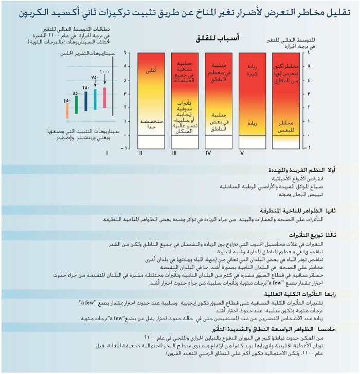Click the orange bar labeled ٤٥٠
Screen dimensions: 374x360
pos(67,110)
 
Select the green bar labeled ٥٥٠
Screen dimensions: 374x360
pos(77,104)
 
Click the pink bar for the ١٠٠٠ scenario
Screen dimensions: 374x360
pos(104,96)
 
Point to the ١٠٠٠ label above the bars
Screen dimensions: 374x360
pos(105,72)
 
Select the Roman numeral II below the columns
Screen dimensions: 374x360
pos(141,153)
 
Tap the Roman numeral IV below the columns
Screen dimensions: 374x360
pos(208,153)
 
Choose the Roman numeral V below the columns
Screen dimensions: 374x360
pos(241,153)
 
